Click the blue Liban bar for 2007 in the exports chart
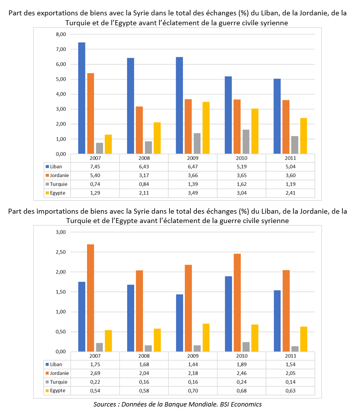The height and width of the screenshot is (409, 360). (82, 98)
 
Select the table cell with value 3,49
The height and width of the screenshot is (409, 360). (192, 192)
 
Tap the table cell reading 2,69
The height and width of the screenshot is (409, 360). (95, 372)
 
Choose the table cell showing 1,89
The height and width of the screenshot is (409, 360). (241, 364)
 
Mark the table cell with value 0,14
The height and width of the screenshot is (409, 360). (290, 381)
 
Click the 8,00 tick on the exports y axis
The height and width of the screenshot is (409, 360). (60, 34)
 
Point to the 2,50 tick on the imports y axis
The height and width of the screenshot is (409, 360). (60, 252)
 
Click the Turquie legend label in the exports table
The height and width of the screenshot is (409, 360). (58, 183)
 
